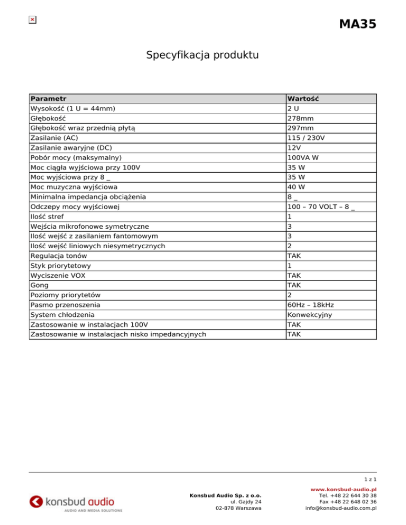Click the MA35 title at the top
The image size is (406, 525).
pyautogui.click(x=357, y=24)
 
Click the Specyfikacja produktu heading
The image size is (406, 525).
pyautogui.click(x=202, y=54)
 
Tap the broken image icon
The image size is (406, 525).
pyautogui.click(x=32, y=20)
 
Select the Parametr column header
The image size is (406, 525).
pyautogui.click(x=49, y=99)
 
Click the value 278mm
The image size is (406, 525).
pyautogui.click(x=300, y=119)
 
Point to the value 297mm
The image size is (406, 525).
pyautogui.click(x=300, y=128)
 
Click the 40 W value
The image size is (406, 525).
pyautogui.click(x=297, y=187)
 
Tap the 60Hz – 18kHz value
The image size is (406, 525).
pyautogui.click(x=311, y=305)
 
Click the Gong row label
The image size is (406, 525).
pyautogui.click(x=40, y=285)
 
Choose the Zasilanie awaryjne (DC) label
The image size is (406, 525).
pyautogui.click(x=71, y=148)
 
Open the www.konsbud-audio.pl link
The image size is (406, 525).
pyautogui.click(x=344, y=490)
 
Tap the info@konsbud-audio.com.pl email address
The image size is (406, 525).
pyautogui.click(x=340, y=509)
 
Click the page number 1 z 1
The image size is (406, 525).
pyautogui.click(x=370, y=479)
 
